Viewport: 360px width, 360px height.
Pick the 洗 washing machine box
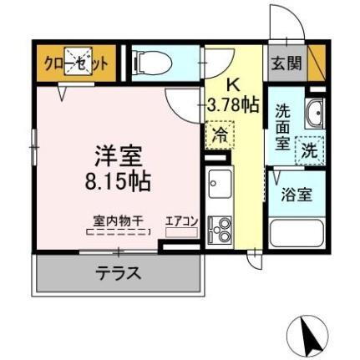[309, 152]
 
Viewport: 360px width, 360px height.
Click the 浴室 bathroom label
[298, 195]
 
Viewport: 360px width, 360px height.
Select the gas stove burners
[220, 228]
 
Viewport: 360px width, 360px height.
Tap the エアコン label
[181, 221]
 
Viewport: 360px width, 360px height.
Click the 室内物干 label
[118, 221]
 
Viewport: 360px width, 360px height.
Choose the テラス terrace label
[117, 272]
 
